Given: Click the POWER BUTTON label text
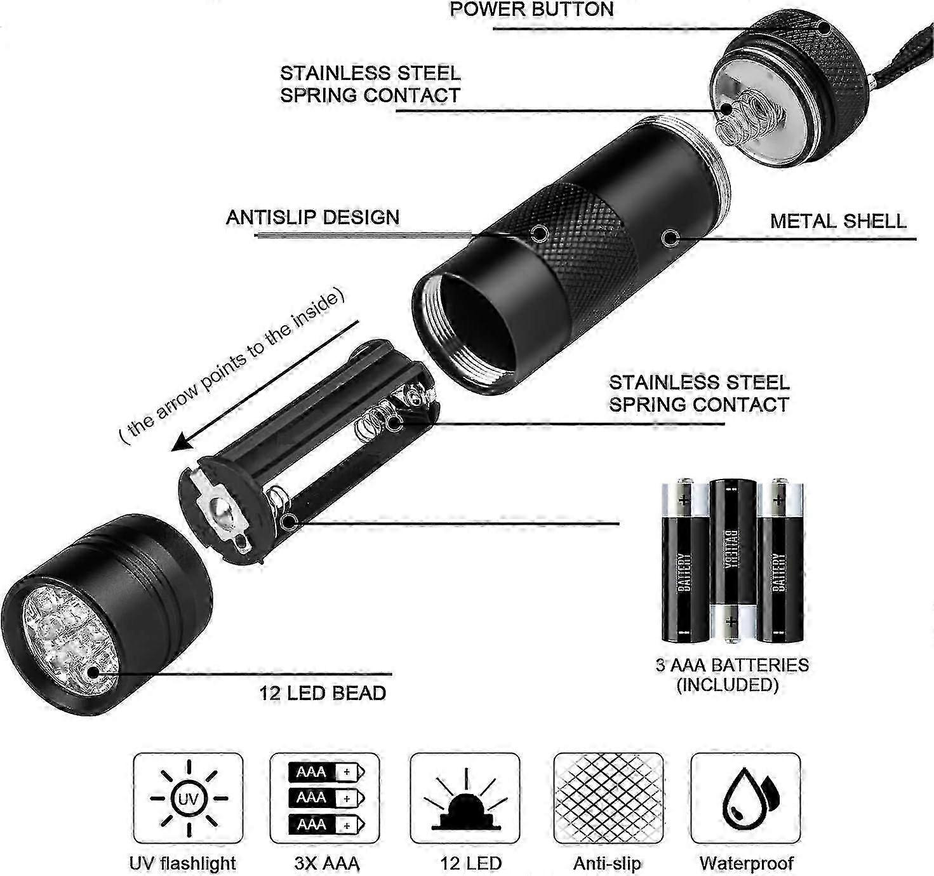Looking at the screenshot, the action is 531,10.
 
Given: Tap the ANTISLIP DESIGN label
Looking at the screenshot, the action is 313,217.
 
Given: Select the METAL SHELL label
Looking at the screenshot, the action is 838,221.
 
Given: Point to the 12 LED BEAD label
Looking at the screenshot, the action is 323,693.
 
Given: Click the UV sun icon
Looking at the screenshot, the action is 189,799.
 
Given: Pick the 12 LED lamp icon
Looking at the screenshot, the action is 465,800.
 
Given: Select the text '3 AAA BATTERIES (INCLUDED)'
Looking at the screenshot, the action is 732,675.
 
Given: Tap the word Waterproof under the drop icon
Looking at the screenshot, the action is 746,863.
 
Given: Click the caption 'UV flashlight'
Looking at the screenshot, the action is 182,863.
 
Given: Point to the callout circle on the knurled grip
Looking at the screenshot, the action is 539,233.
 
